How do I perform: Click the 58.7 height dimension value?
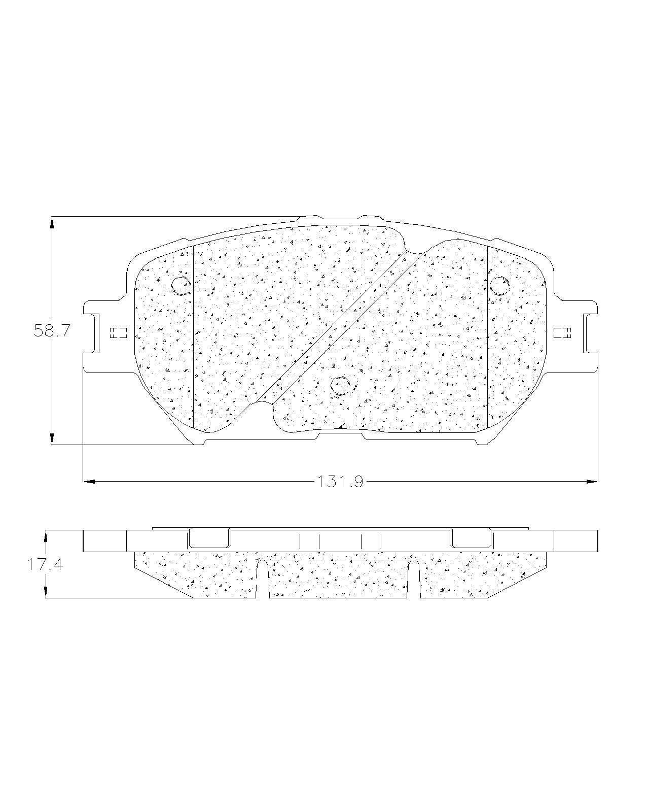[x=52, y=331]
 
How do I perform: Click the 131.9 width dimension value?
[x=340, y=482]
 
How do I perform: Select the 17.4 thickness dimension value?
[x=45, y=564]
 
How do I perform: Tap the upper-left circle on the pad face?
[x=181, y=286]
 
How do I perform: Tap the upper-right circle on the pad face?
[x=499, y=286]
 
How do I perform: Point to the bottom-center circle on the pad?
[x=340, y=385]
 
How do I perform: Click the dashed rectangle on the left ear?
[x=118, y=333]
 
